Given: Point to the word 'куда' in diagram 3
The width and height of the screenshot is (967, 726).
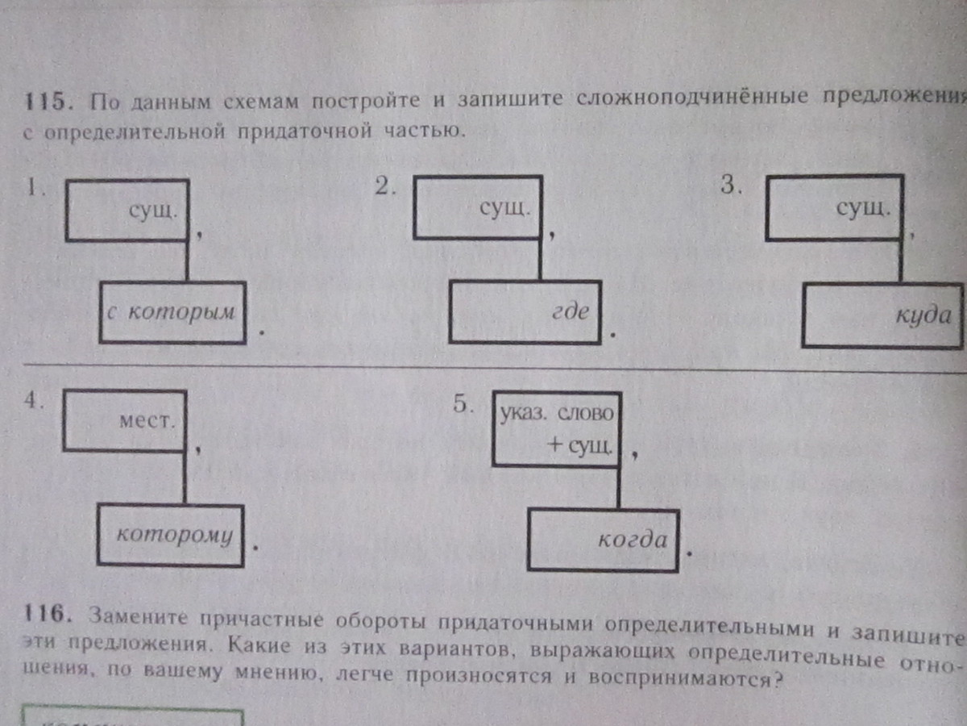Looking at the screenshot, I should click(923, 315).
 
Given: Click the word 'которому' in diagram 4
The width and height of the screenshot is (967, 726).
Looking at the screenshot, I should click(174, 535).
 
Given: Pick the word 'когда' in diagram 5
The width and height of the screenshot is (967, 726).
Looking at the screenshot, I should click(633, 540).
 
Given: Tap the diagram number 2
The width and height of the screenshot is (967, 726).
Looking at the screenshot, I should click(384, 187).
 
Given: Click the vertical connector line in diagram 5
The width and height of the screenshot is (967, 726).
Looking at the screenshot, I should click(620, 488).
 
